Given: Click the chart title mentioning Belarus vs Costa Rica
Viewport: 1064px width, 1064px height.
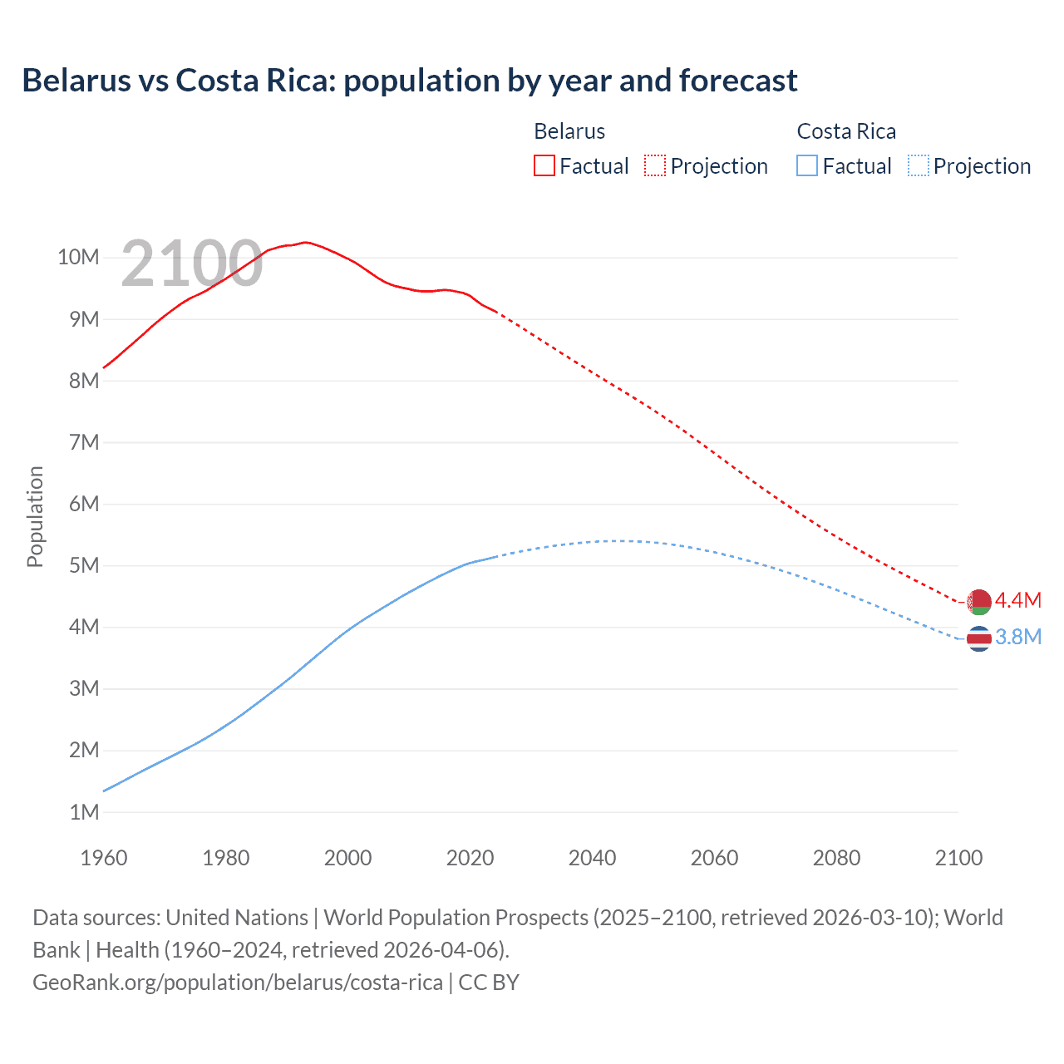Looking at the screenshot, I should pos(409,81).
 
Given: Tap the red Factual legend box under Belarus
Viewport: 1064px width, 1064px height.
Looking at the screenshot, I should pos(544,165).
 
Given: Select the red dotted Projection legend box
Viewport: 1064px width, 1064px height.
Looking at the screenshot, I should pos(655,165).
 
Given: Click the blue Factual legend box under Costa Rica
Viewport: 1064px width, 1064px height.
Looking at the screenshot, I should pos(806,165).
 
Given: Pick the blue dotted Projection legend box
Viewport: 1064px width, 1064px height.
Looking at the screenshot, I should pos(918,165).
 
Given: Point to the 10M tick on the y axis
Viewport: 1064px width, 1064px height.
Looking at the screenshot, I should pos(78,257).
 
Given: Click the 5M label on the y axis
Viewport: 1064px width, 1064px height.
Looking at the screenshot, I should pos(83,565).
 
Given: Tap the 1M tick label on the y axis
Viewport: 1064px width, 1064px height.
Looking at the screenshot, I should pos(83,812).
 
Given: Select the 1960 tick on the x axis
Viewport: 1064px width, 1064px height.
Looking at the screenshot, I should pos(104,858).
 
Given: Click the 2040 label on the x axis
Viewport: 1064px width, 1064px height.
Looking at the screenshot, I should pos(592,858).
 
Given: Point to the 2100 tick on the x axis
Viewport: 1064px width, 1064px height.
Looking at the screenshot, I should pos(958,858).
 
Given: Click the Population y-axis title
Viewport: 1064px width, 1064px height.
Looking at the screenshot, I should pos(35,516).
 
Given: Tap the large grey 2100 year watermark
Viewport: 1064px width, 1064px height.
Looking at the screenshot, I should pos(192,264).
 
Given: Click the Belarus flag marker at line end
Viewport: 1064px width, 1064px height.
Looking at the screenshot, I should pos(979,601).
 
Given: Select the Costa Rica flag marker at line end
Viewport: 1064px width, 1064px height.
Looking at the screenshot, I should pos(979,638).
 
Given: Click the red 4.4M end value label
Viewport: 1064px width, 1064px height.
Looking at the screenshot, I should pos(1018,600).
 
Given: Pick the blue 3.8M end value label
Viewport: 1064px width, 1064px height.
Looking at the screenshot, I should pos(1018,637).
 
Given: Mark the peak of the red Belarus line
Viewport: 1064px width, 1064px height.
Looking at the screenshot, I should pos(306,242).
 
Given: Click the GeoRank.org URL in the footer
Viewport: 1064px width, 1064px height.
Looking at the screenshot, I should pos(238,983).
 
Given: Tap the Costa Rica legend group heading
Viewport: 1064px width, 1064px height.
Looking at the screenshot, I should pos(846,131).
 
